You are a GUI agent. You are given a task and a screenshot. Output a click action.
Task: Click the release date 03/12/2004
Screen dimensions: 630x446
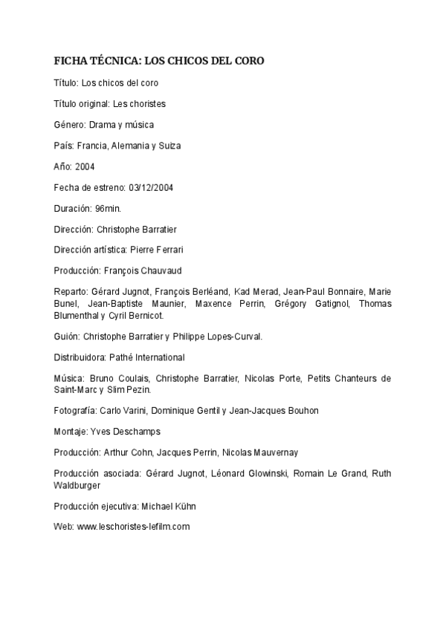pyautogui.click(x=149, y=187)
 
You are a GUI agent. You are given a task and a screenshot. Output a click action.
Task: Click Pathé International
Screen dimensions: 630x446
pyautogui.click(x=148, y=357)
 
